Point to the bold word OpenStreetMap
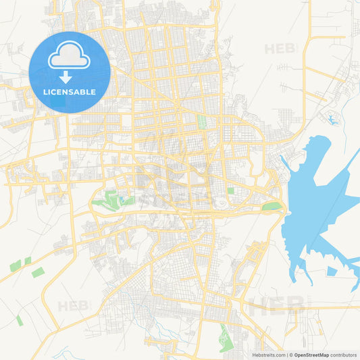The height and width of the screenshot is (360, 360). (x=311, y=355)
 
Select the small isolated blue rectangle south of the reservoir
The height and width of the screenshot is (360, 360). (x=332, y=272)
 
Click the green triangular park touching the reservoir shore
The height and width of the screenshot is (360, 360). (x=272, y=207)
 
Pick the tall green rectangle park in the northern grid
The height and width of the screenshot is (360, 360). (x=201, y=123)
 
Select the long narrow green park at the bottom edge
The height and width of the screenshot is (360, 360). (x=225, y=336)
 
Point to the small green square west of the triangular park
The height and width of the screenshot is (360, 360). (x=231, y=191)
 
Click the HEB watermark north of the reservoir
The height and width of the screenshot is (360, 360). (x=280, y=49)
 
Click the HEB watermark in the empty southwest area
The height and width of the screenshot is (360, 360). (x=73, y=306)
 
